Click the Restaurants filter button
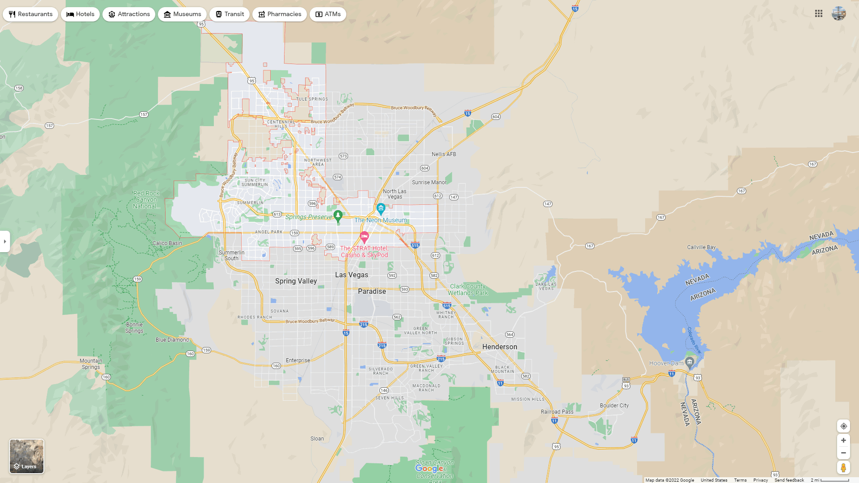(x=30, y=14)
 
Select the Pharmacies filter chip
(x=280, y=14)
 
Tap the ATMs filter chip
(x=328, y=14)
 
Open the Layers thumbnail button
(x=27, y=456)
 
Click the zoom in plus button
(x=843, y=441)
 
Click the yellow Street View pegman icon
(x=843, y=468)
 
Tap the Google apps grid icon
(x=819, y=14)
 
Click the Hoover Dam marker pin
(x=689, y=362)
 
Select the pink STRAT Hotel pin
(x=364, y=236)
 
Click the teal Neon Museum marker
(x=381, y=208)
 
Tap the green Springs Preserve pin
(x=338, y=216)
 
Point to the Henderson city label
(x=500, y=347)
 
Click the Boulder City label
(x=614, y=406)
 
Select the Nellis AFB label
(x=444, y=154)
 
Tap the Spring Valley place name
(x=296, y=281)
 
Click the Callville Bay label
(x=701, y=247)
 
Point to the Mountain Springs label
(x=91, y=364)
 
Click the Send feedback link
(x=789, y=480)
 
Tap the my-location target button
(x=843, y=426)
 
